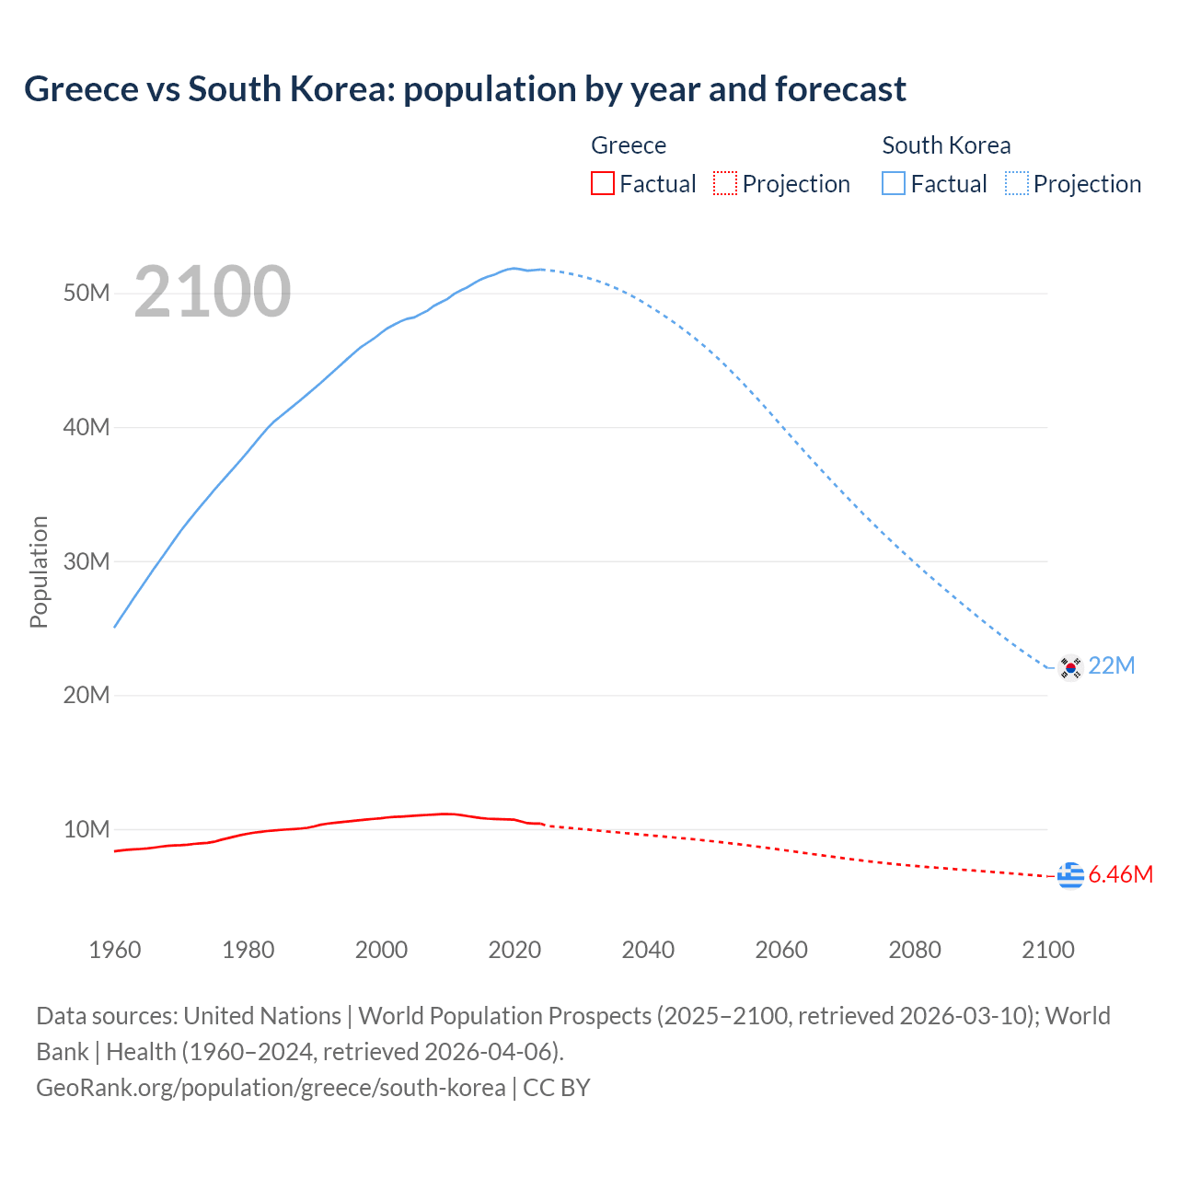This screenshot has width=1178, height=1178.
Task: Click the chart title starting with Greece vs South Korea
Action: click(x=465, y=89)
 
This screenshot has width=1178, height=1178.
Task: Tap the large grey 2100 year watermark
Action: click(x=213, y=292)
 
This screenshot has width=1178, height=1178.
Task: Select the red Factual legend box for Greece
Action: click(x=603, y=183)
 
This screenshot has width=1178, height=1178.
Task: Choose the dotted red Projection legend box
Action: click(x=725, y=183)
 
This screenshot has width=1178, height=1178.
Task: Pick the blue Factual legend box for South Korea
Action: click(x=894, y=183)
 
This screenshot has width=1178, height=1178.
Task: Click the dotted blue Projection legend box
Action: click(x=1017, y=183)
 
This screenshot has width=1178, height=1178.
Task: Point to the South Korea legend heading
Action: click(x=946, y=145)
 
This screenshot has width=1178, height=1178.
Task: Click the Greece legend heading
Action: click(x=629, y=145)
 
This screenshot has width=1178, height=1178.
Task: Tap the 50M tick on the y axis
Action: click(x=87, y=293)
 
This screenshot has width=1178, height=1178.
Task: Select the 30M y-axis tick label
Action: click(x=87, y=561)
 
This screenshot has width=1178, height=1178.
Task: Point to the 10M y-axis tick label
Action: click(x=87, y=829)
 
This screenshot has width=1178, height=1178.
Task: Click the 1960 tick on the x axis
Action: click(x=115, y=950)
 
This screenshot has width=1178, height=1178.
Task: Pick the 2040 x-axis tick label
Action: click(x=648, y=950)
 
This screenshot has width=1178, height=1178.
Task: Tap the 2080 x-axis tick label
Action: click(x=915, y=950)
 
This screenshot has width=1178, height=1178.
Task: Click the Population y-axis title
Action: click(x=39, y=572)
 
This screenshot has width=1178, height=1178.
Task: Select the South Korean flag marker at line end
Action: click(x=1070, y=667)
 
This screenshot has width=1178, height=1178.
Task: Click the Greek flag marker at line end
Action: click(x=1070, y=875)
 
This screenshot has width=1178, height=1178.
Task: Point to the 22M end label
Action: click(x=1112, y=665)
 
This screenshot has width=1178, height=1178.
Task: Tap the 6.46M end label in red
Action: click(x=1120, y=874)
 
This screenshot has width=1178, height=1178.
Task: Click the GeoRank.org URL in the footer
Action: click(x=271, y=1088)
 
